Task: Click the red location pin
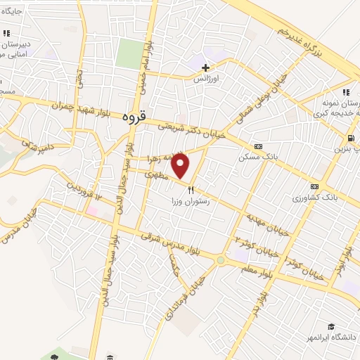point(181,165)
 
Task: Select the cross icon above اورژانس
point(205,68)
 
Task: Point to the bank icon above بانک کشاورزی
point(314,187)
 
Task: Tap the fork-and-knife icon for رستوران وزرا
point(190,189)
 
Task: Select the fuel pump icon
point(349,138)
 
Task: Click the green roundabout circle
point(221,260)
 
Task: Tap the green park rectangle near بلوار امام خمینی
point(129,53)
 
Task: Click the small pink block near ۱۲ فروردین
point(92,210)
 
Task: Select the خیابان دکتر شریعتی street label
point(191,127)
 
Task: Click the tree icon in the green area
point(54,357)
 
